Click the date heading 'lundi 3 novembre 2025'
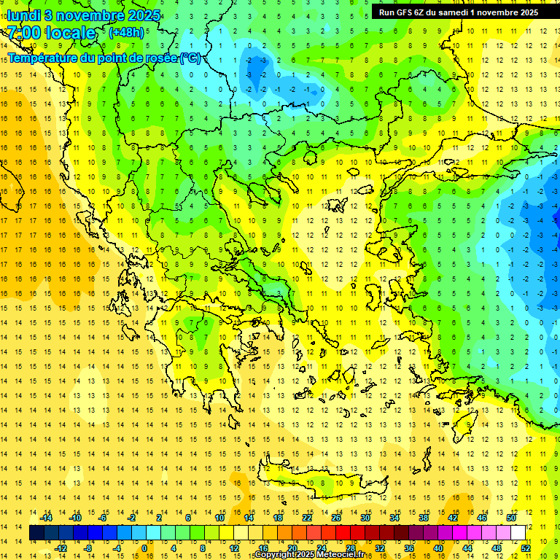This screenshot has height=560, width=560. tap(74, 15)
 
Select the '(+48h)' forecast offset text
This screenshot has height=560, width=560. tap(126, 33)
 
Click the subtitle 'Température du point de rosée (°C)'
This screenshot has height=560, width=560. tap(104, 58)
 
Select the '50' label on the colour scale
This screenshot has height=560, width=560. tap(510, 518)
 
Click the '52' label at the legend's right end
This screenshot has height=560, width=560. tap(526, 548)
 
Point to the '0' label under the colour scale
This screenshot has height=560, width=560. tap(144, 548)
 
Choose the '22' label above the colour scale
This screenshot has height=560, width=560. tap(307, 518)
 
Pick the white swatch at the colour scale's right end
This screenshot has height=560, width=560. tap(518, 533)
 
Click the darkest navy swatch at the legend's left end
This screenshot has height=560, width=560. tap(36, 533)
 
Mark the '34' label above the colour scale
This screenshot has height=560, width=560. tap(394, 518)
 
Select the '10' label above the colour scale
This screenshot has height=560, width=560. tap(219, 518)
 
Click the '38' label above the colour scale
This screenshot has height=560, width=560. tap(424, 518)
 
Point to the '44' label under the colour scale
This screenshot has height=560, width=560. tap(467, 548)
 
